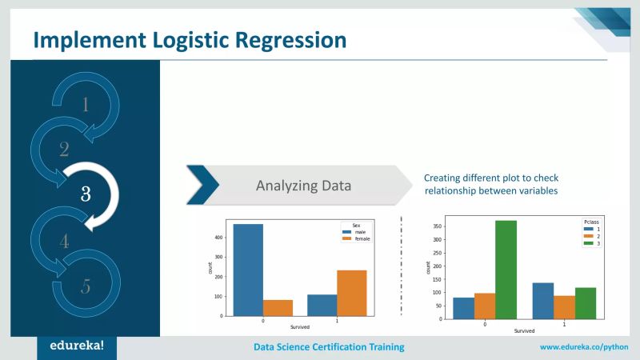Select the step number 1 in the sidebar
(x=86, y=104)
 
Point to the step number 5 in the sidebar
(x=85, y=286)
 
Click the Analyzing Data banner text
(x=303, y=186)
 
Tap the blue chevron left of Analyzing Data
(x=202, y=186)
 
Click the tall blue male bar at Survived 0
(x=248, y=270)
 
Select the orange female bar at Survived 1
(x=352, y=293)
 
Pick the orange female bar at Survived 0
(x=278, y=308)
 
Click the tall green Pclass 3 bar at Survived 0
(x=505, y=270)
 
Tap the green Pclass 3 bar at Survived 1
(x=586, y=303)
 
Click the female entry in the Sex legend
(x=360, y=238)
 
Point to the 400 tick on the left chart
(x=220, y=238)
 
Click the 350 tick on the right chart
(x=438, y=226)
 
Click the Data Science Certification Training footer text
(x=329, y=347)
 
